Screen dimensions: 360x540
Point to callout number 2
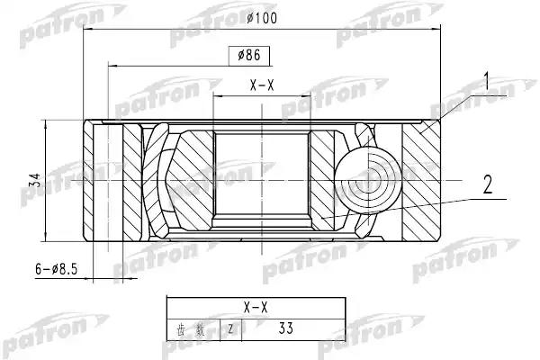(487, 186)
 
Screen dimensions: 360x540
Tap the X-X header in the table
(257, 308)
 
